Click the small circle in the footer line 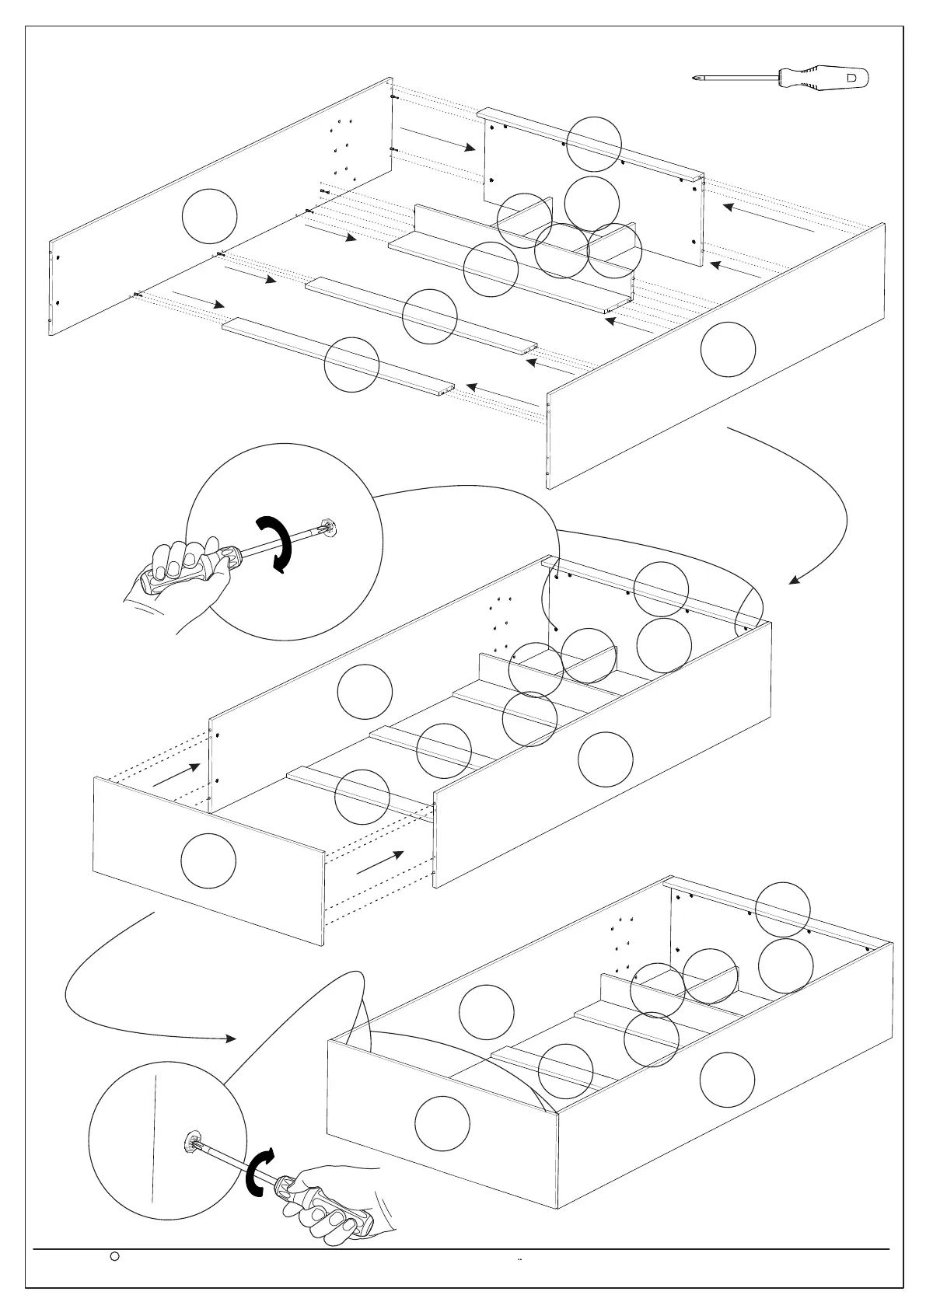click(114, 1276)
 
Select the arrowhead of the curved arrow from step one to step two click(795, 580)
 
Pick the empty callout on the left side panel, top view click(209, 215)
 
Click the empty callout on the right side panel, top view click(728, 349)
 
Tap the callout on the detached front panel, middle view click(208, 861)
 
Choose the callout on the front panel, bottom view click(442, 1123)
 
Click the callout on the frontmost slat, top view click(351, 365)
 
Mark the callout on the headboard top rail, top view click(594, 144)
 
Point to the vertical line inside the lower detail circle click(154, 1143)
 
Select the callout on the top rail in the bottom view click(783, 909)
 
